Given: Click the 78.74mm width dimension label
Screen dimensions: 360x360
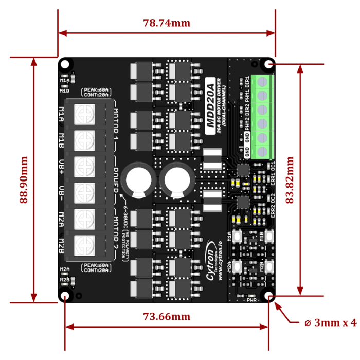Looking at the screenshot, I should (x=167, y=23).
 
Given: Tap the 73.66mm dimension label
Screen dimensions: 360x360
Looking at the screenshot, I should (x=167, y=316).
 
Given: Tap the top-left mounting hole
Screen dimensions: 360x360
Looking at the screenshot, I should (x=65, y=64).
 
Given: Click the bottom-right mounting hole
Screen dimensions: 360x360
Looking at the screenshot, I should (x=269, y=297).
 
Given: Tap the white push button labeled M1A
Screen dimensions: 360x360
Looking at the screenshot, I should (x=238, y=237).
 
